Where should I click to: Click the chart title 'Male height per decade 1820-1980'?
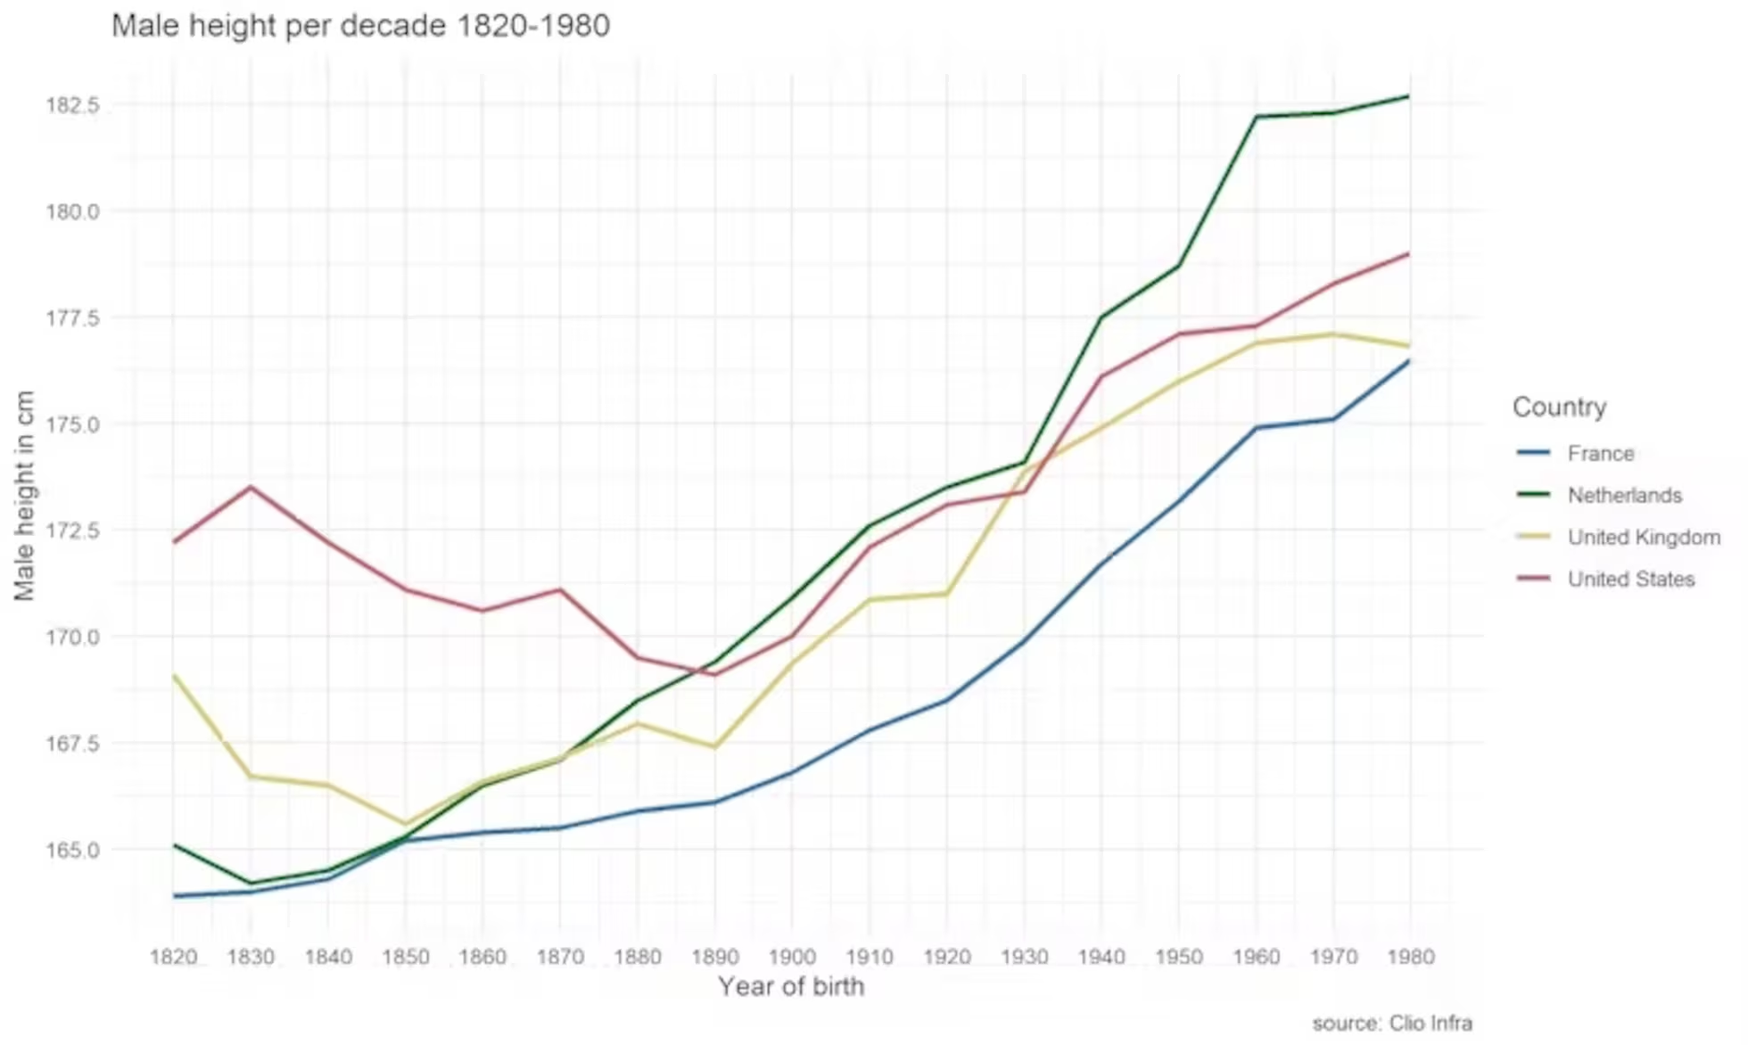tap(360, 26)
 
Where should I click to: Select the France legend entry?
tap(1600, 454)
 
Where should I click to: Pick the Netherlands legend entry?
tap(1624, 496)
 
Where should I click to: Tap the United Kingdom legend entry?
tap(1644, 538)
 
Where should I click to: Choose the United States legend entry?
tap(1630, 580)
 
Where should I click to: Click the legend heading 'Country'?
tap(1559, 407)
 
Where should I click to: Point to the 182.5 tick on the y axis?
tap(72, 105)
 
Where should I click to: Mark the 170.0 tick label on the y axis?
tap(72, 638)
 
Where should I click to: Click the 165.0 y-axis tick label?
tap(72, 851)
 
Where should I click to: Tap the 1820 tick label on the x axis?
tap(174, 958)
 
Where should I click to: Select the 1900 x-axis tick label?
tap(792, 958)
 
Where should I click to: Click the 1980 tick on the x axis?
tap(1410, 958)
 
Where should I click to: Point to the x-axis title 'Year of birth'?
tap(791, 987)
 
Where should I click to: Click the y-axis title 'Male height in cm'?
tap(24, 496)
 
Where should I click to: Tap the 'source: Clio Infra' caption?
tap(1391, 1024)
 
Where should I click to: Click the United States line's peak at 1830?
tap(251, 487)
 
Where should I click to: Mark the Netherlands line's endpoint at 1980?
tap(1409, 96)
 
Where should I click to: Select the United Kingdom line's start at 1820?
tap(175, 676)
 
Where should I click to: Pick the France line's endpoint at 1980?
tap(1409, 361)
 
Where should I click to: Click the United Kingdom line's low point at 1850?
tap(406, 824)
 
